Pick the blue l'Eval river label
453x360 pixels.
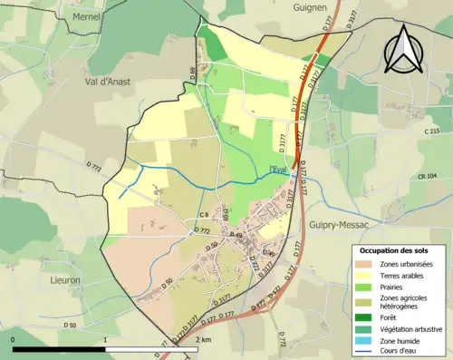point(280,168)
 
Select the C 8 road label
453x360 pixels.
point(204,215)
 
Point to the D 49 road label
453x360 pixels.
point(236,235)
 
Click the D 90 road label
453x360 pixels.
point(268,254)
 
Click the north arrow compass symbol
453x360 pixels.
point(401,49)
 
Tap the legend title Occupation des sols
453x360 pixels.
point(394,249)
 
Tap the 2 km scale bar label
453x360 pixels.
point(204,340)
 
